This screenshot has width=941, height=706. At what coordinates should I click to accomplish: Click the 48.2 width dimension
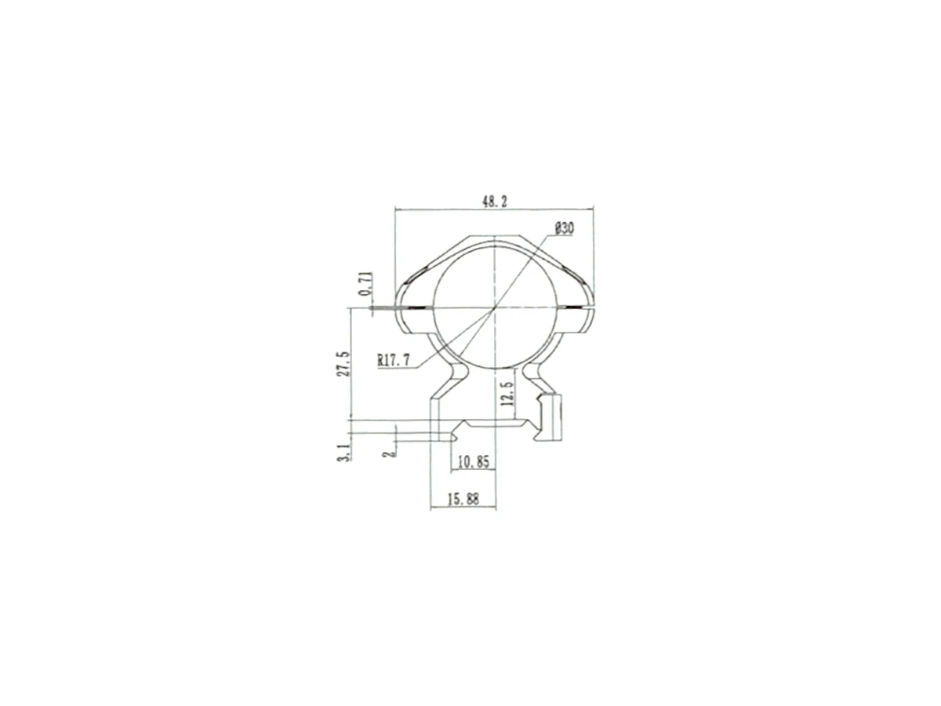click(x=494, y=202)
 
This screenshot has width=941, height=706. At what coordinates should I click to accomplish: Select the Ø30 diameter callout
click(x=564, y=228)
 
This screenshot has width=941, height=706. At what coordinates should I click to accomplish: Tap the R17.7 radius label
click(x=393, y=360)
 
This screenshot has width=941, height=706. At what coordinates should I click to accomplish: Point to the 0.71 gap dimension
click(x=365, y=284)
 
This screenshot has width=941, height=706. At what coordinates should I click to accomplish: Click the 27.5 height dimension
click(x=343, y=363)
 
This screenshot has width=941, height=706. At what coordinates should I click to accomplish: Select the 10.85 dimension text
click(x=474, y=462)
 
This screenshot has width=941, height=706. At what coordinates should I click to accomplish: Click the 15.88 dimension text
click(x=463, y=499)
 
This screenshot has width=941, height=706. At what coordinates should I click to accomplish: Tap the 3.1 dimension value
click(x=344, y=453)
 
